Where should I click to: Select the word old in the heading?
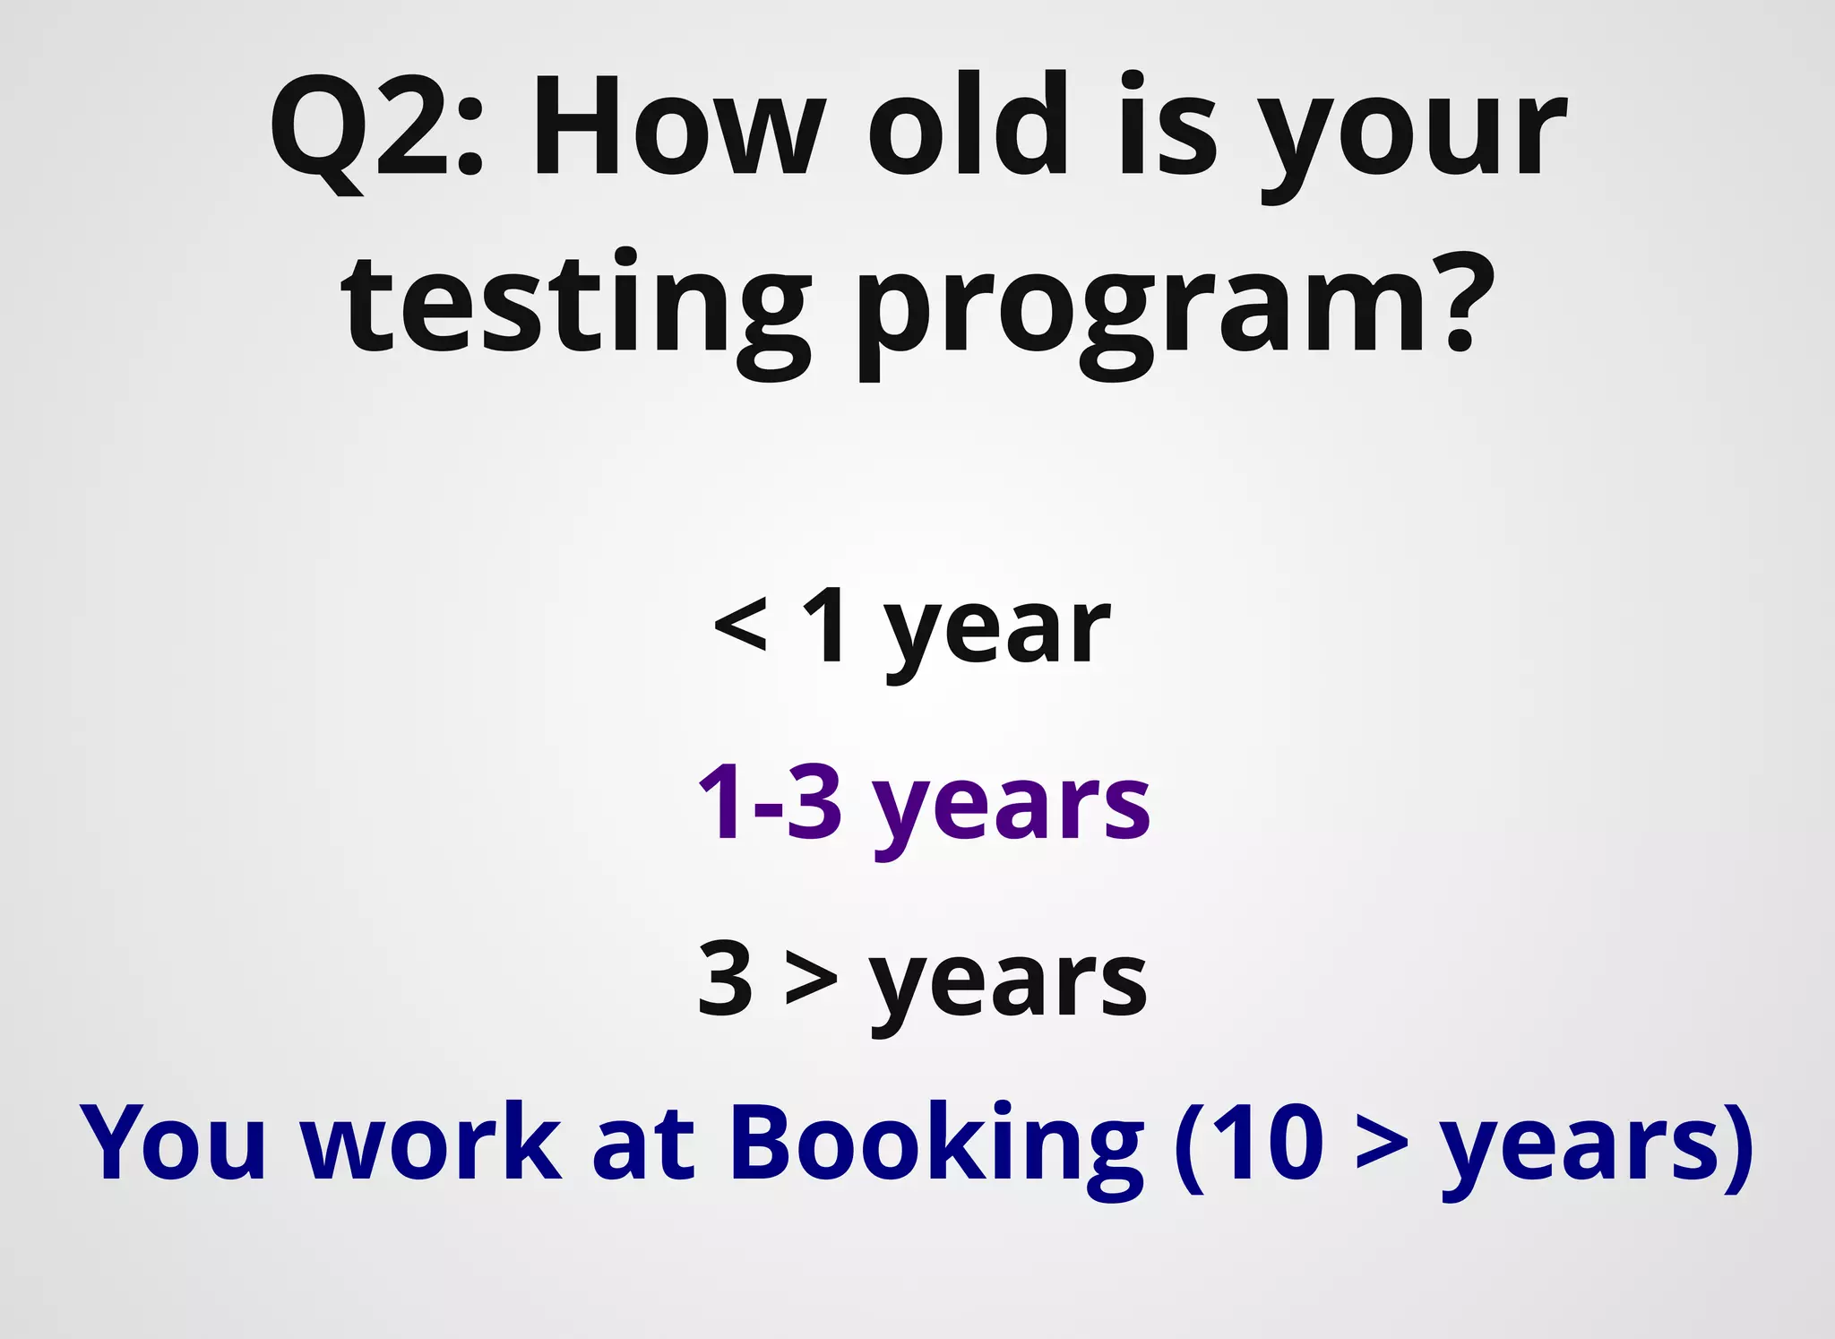[968, 125]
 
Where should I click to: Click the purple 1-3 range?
[770, 802]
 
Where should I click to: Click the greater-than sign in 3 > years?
[812, 981]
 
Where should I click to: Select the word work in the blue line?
[431, 1143]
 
